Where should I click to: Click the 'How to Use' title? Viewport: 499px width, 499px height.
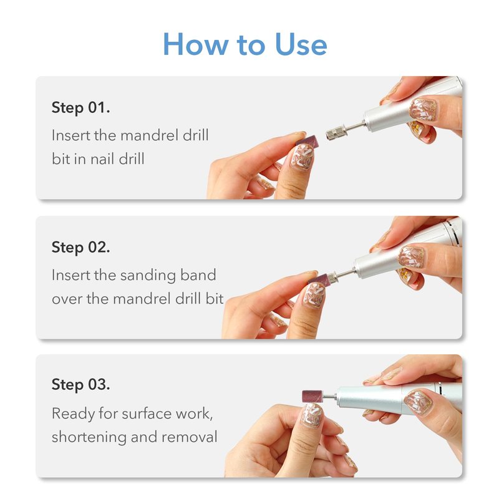[245, 44]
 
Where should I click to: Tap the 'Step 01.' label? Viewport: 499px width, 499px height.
[81, 108]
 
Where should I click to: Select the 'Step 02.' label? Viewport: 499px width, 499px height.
[81, 247]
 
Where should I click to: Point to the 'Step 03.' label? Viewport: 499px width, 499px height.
[81, 384]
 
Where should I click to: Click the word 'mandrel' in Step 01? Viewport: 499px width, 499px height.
[149, 135]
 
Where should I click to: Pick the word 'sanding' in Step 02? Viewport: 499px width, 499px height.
[148, 275]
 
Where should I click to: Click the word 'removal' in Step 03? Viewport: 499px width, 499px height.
[190, 437]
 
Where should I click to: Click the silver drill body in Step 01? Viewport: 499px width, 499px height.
[410, 107]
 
